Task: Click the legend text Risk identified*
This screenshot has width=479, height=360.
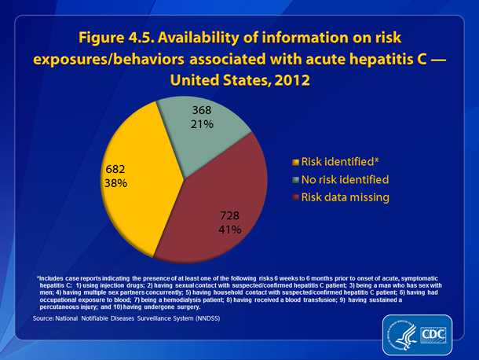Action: (x=333, y=161)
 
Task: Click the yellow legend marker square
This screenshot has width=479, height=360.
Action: (x=294, y=162)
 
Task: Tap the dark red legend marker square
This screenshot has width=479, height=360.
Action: (x=294, y=198)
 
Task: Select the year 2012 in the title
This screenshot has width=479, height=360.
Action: (x=288, y=81)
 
